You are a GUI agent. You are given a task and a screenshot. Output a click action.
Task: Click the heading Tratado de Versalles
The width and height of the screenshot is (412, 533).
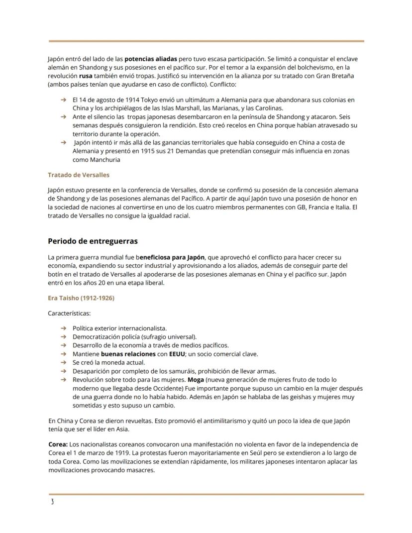[x=78, y=175]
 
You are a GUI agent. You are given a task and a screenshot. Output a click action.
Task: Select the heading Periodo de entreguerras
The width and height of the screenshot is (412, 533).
[x=93, y=241]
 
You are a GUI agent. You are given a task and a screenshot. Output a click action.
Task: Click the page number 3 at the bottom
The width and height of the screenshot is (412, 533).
[x=52, y=502]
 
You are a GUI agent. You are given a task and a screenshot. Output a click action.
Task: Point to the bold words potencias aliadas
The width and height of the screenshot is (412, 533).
[x=151, y=59]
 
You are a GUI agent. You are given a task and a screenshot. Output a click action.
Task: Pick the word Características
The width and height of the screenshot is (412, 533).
[x=69, y=314]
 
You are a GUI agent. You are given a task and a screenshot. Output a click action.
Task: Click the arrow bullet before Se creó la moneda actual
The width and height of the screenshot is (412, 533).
[x=63, y=362]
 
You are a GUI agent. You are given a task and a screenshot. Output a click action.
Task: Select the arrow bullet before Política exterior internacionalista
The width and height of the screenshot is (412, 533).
[x=63, y=328]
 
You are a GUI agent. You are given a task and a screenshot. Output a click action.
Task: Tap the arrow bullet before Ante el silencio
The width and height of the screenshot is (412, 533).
[x=63, y=116]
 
